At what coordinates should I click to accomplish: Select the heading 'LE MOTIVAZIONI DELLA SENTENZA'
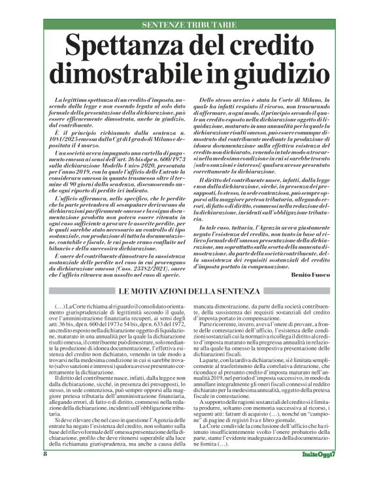click(189, 289)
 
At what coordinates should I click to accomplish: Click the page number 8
click(45, 472)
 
